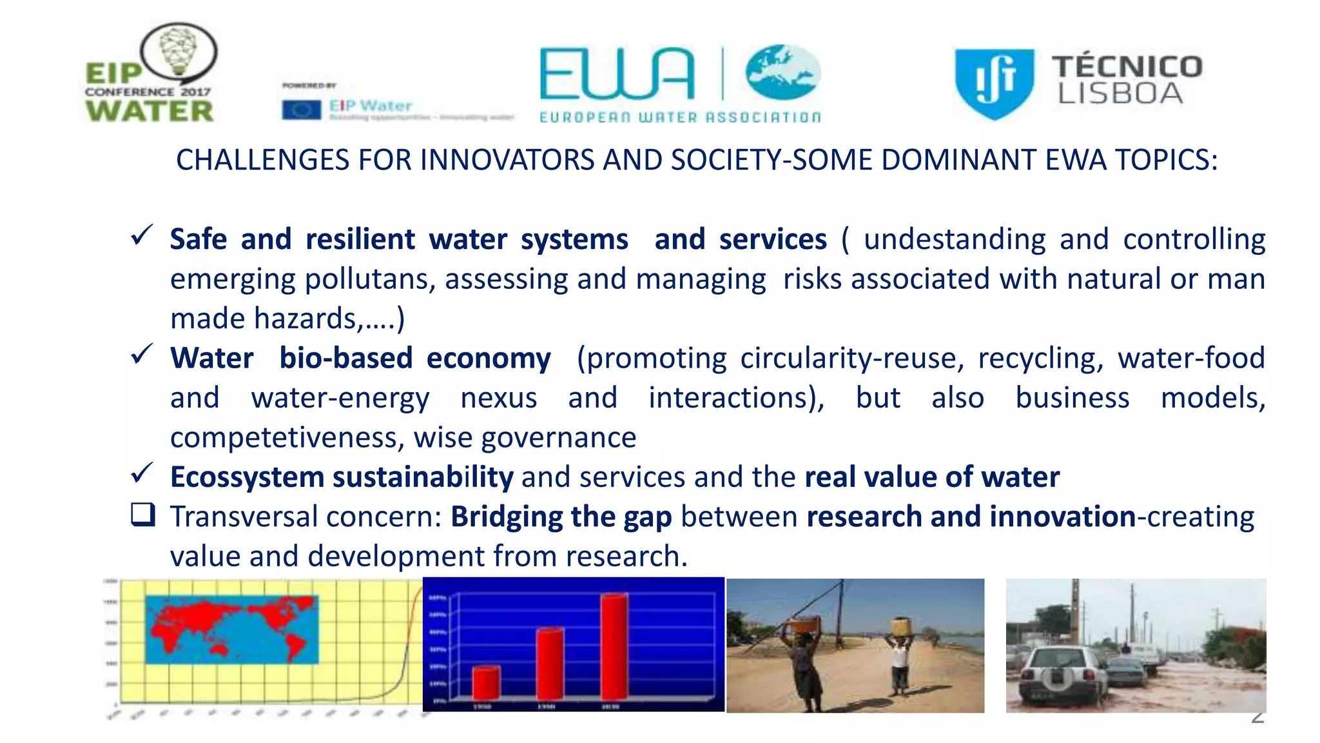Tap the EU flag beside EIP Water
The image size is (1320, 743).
click(x=301, y=110)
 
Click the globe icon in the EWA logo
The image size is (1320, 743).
click(x=783, y=72)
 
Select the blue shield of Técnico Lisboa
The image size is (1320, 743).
click(x=994, y=83)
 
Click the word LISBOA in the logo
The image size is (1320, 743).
click(x=1120, y=94)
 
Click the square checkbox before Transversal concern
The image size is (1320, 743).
click(x=142, y=515)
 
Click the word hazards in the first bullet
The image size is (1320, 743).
click(x=308, y=319)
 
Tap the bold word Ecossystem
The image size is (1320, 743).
click(x=247, y=478)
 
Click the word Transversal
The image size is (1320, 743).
click(x=244, y=517)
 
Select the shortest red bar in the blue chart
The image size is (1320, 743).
click(x=486, y=683)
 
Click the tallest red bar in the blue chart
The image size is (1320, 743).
click(x=614, y=646)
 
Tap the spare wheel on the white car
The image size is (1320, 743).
click(x=1057, y=679)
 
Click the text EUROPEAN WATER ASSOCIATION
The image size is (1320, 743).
click(x=680, y=117)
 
